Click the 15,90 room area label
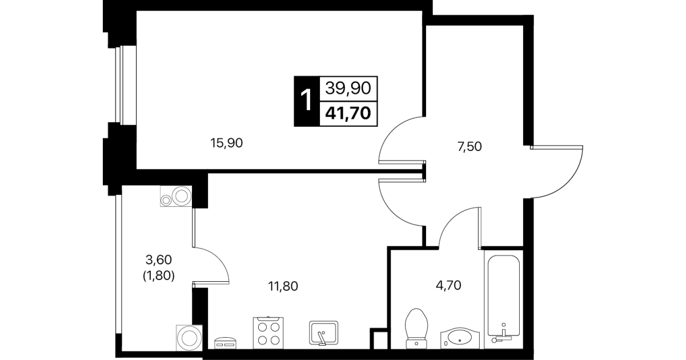click(226, 143)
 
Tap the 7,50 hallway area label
click(470, 147)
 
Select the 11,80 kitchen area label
click(283, 286)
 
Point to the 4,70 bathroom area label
click(448, 285)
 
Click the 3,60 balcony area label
click(158, 260)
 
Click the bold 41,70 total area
click(348, 113)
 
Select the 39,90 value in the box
click(348, 88)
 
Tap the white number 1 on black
click(306, 100)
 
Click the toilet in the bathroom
click(416, 329)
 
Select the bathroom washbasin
click(460, 338)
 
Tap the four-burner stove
click(268, 333)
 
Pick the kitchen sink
click(323, 333)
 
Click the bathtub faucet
click(502, 335)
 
